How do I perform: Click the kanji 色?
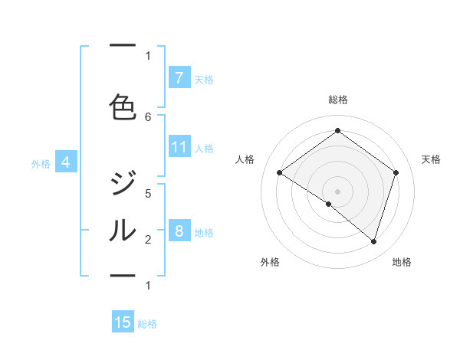pos(123,106)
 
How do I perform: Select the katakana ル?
pos(123,229)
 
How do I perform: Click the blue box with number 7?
pos(179,77)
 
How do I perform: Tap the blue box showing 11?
pos(179,147)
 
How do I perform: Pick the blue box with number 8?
pos(179,231)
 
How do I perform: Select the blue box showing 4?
pos(66,162)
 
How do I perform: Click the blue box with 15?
pos(123,322)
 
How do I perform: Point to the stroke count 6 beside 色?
pos(148,116)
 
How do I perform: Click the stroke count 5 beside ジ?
pos(148,193)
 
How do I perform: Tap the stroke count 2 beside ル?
pos(148,240)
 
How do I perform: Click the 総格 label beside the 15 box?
pos(147,324)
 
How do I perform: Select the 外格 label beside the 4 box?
pos(41,163)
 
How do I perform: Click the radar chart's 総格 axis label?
pos(337,100)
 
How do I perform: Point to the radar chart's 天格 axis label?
pos(431,159)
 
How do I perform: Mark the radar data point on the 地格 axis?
pos(373,241)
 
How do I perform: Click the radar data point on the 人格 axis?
pos(280,173)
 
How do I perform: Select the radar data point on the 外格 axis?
pos(329,204)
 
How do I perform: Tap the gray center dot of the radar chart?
pos(337,191)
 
